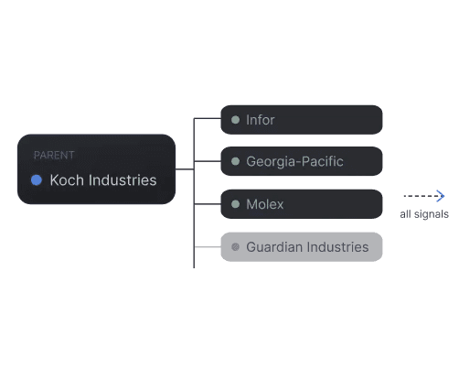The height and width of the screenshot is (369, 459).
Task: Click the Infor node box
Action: coord(302,120)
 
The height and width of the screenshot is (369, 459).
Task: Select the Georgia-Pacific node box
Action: coord(302,161)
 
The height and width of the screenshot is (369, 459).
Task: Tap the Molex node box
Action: coord(302,204)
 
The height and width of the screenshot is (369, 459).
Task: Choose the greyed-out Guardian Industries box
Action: coord(302,247)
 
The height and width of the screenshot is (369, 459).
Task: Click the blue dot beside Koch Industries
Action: coord(37,180)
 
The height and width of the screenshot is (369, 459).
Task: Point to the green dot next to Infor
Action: coord(235,120)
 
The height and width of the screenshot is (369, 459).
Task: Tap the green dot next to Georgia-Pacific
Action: coord(235,161)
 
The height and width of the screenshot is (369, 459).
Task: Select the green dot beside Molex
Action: coord(235,204)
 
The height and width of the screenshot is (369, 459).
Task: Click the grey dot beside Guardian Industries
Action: coord(235,247)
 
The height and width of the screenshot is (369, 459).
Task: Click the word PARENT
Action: coord(54,155)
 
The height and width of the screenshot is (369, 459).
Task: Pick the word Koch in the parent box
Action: coord(67,180)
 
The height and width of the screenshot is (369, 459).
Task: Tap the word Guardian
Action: coord(274,247)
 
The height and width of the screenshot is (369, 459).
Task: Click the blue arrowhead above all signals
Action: coord(441,196)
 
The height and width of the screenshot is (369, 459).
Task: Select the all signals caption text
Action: coord(424,214)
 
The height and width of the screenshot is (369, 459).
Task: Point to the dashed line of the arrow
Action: coord(422,196)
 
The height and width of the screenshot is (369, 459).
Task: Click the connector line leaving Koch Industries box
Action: coord(185,168)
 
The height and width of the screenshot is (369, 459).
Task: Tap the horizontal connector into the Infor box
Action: coord(208,118)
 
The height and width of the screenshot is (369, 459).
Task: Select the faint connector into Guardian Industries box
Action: coord(208,246)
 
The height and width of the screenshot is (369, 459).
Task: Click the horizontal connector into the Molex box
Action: coord(208,204)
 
